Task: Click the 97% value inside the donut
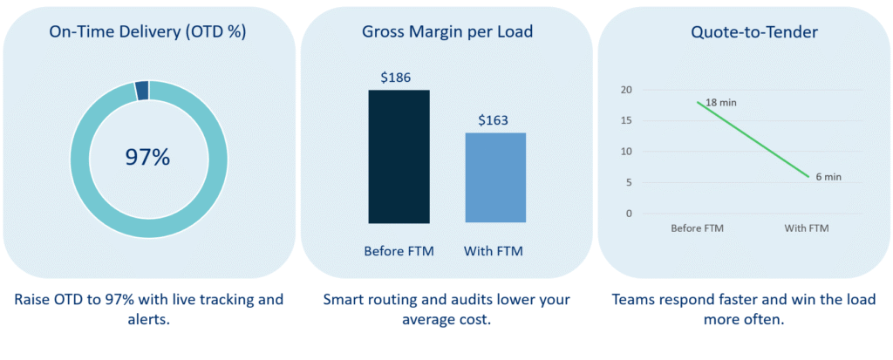(x=148, y=157)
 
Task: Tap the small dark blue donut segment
(x=142, y=89)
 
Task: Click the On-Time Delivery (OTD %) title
(x=148, y=32)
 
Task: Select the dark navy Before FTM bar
(x=399, y=157)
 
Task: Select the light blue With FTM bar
(x=494, y=178)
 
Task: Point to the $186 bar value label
(x=398, y=78)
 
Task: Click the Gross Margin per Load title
(x=446, y=32)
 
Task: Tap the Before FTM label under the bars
(x=399, y=252)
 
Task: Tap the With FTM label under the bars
(x=494, y=252)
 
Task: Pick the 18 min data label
(x=719, y=103)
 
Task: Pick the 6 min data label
(x=828, y=177)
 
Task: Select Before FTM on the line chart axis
(x=698, y=228)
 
